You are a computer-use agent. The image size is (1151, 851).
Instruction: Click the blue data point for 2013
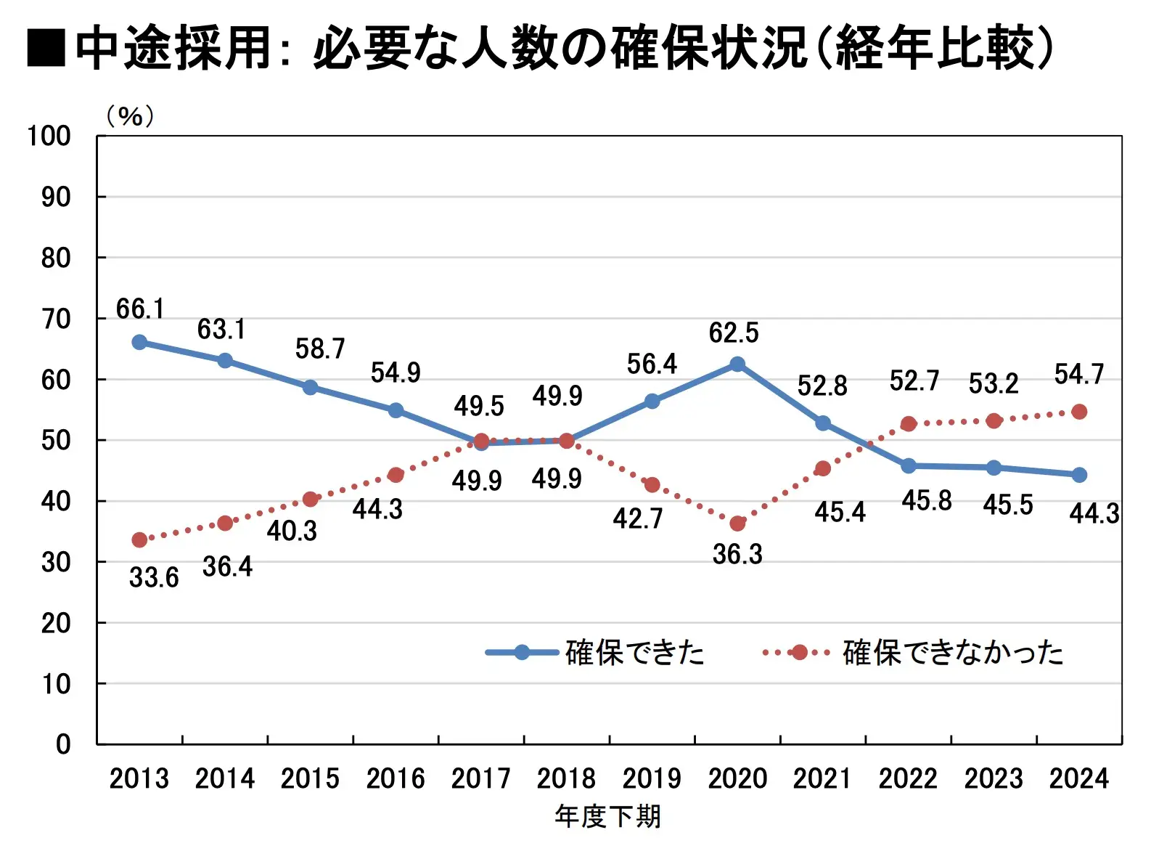click(x=139, y=343)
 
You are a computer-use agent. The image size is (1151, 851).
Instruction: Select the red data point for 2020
click(x=737, y=524)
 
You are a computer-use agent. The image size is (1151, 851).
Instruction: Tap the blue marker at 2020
click(x=737, y=365)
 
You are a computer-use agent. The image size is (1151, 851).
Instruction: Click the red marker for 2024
click(x=1079, y=412)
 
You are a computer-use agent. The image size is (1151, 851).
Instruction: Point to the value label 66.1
click(x=140, y=309)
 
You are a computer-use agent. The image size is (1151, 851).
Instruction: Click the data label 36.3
click(x=737, y=555)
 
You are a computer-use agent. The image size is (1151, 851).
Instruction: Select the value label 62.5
click(x=734, y=333)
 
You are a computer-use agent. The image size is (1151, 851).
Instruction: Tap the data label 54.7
click(x=1079, y=375)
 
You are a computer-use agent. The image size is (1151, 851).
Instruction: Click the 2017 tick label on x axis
click(x=480, y=779)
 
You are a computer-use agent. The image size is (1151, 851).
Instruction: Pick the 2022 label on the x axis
click(x=908, y=779)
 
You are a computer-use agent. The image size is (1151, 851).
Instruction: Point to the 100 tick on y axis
click(x=49, y=136)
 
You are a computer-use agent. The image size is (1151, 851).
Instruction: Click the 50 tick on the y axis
click(x=56, y=441)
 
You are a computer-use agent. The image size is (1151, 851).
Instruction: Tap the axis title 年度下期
click(x=608, y=817)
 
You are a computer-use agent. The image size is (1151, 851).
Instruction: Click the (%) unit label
click(x=130, y=116)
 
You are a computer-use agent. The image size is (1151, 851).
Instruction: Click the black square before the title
click(x=46, y=49)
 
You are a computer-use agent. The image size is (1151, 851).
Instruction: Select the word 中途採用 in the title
click(x=174, y=49)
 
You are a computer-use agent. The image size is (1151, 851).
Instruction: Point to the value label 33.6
click(x=154, y=578)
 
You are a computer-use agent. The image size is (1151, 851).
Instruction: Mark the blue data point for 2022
click(x=908, y=466)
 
